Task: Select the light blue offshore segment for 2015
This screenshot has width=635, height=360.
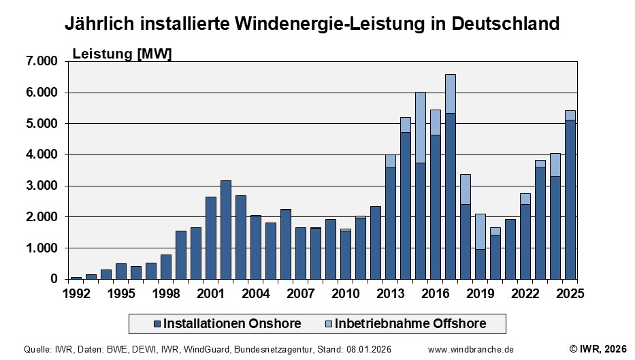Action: [x=421, y=127]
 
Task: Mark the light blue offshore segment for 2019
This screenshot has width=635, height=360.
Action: [x=481, y=231]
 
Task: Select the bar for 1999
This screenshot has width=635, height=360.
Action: [x=181, y=255]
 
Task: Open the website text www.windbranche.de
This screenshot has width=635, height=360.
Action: [x=471, y=349]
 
